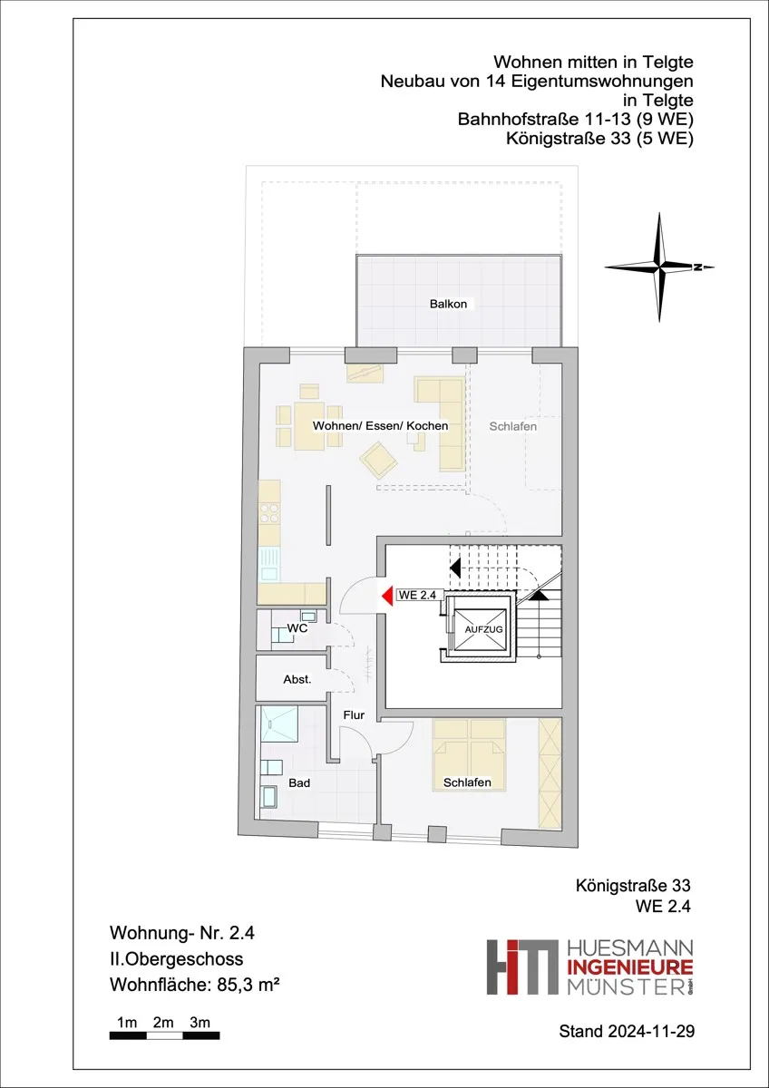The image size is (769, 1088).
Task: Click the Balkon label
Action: click(x=448, y=304)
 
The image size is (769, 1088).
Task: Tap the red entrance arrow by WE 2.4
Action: click(x=387, y=596)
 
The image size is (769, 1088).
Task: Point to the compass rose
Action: click(x=659, y=267)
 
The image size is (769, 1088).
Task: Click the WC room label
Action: click(x=297, y=628)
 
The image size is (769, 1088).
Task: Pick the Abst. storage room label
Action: click(x=297, y=679)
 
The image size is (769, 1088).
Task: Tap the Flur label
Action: click(x=354, y=715)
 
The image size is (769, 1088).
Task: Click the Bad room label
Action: click(x=299, y=783)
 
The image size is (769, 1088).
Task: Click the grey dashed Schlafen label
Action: click(x=513, y=426)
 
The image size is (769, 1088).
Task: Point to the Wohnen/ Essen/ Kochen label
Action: click(x=380, y=426)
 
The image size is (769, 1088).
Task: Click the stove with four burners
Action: click(x=269, y=513)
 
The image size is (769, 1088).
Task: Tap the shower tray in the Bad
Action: click(x=279, y=724)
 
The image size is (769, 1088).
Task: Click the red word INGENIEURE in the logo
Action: click(x=630, y=967)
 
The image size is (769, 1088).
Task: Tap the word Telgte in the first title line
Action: click(x=667, y=63)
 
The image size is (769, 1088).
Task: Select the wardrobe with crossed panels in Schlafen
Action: click(x=550, y=773)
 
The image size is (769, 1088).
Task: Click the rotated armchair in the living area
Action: click(x=378, y=460)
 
